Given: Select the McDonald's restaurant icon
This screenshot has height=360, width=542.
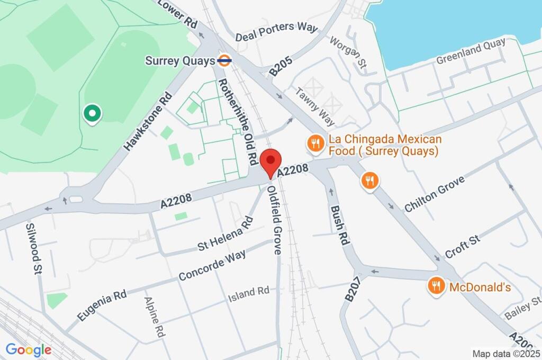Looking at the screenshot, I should point(436,287).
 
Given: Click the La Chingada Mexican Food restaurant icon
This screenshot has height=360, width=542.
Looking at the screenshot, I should point(315,143).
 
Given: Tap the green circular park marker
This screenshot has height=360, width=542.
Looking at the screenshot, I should point(93,113).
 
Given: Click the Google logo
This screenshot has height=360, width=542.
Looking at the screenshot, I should point(29,349).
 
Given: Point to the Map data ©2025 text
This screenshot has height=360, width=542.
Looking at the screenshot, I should point(505,353).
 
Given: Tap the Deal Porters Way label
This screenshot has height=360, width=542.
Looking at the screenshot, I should point(276,32).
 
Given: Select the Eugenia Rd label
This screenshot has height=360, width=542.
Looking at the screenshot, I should point(102,305).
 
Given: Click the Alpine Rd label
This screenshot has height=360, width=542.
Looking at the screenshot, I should point(153,317).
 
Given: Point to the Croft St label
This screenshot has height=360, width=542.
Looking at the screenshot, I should point(463,245).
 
